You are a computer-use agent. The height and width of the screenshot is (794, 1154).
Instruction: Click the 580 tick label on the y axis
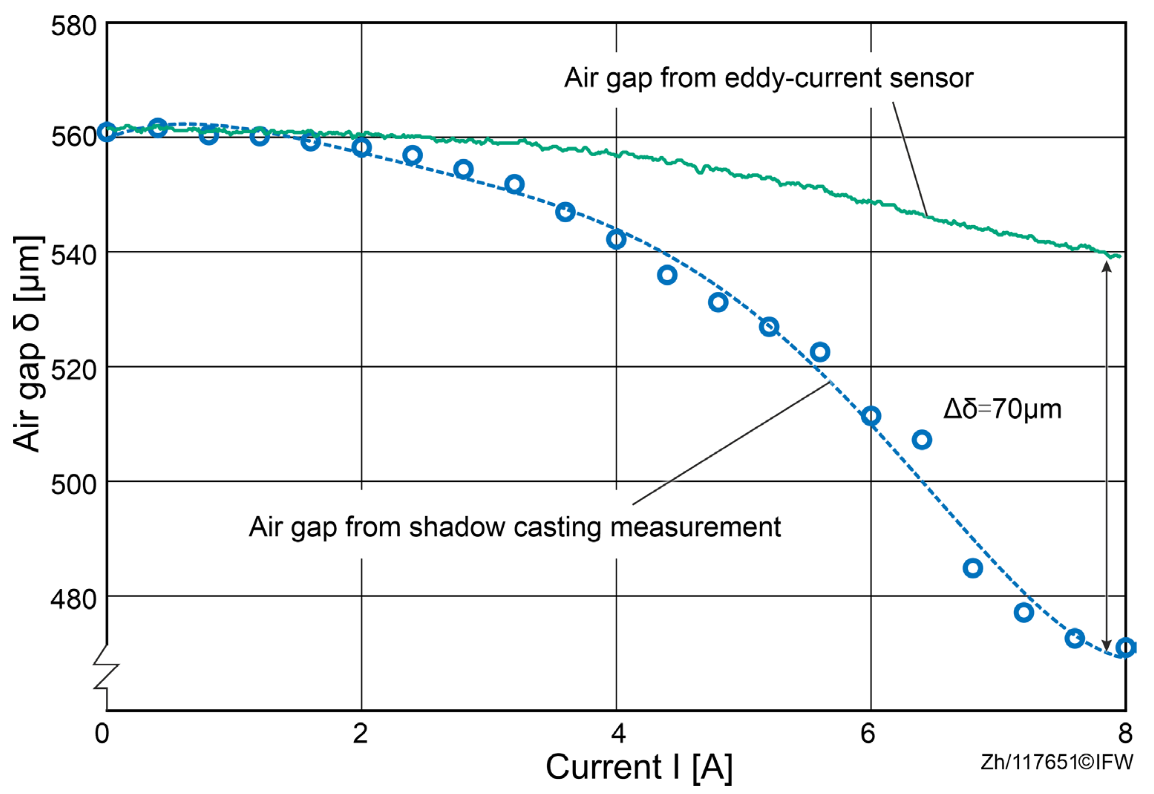click(73, 26)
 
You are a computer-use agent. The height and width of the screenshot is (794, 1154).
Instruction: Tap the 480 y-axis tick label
click(73, 599)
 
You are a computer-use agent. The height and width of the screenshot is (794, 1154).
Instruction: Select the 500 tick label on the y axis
click(73, 484)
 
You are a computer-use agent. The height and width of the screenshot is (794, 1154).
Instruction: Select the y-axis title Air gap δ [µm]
click(28, 343)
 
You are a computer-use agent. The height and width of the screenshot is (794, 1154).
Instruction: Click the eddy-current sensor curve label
click(768, 78)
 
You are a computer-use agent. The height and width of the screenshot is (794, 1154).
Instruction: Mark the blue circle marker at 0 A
click(107, 132)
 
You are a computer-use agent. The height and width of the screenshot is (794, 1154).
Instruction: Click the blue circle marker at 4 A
click(616, 240)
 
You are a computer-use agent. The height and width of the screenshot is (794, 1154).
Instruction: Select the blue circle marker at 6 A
click(871, 416)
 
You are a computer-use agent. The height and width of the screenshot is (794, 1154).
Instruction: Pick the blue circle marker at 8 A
click(1125, 648)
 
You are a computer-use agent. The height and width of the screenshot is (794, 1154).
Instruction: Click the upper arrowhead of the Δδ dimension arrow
click(1106, 266)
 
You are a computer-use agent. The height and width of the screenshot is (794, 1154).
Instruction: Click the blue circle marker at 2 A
click(362, 148)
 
